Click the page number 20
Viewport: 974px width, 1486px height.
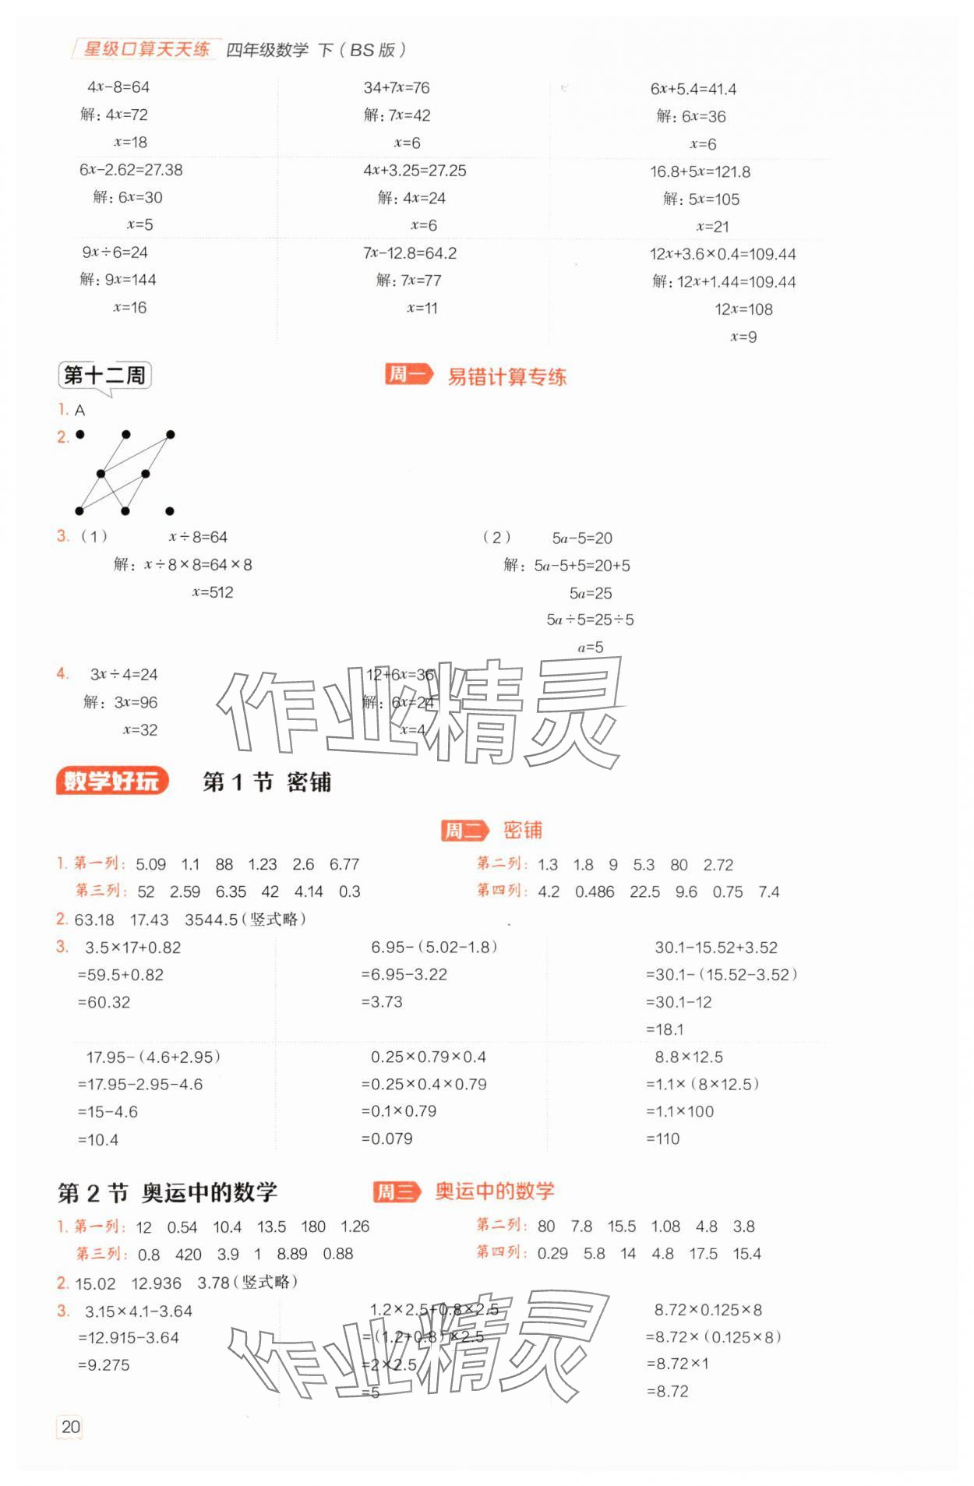coord(70,1427)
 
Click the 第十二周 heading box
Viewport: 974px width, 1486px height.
coord(104,376)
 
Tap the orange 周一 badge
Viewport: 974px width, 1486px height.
coord(408,375)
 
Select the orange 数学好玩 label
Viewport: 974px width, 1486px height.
coord(111,781)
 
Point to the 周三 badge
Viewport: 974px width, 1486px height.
coord(396,1191)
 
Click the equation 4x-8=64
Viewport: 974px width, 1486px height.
coord(118,87)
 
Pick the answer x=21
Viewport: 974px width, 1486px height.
coord(712,227)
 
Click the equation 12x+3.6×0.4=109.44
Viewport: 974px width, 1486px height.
coord(722,254)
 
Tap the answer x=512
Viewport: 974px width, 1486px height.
coord(213,592)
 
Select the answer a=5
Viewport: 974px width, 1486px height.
coord(590,648)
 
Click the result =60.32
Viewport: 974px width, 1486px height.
coord(104,1002)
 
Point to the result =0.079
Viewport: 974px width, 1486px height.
coord(386,1138)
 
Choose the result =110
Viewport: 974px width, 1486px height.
coord(662,1138)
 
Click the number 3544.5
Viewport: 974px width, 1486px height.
coord(211,919)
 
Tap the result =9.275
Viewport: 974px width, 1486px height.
coord(104,1365)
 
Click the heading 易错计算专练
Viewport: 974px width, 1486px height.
coord(506,377)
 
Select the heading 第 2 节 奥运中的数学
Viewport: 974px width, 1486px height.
coord(168,1192)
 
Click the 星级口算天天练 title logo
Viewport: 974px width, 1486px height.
coord(146,50)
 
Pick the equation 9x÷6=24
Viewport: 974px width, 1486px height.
coord(115,252)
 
